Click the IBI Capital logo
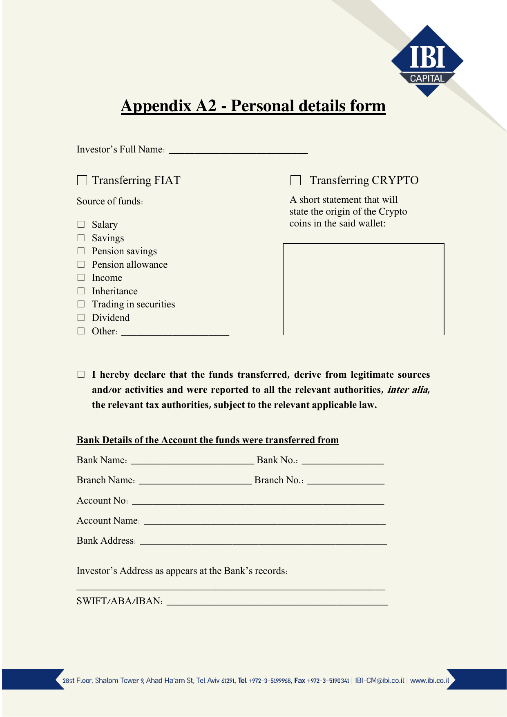[427, 61]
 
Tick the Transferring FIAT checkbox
[82, 180]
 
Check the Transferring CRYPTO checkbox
[295, 180]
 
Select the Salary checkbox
[81, 224]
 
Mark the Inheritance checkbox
[81, 291]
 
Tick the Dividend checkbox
[81, 318]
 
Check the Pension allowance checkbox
[81, 264]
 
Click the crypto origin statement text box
[364, 289]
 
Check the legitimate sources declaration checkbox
[81, 374]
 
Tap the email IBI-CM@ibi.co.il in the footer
[380, 681]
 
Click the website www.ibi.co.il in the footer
[429, 681]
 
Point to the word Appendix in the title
[156, 106]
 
